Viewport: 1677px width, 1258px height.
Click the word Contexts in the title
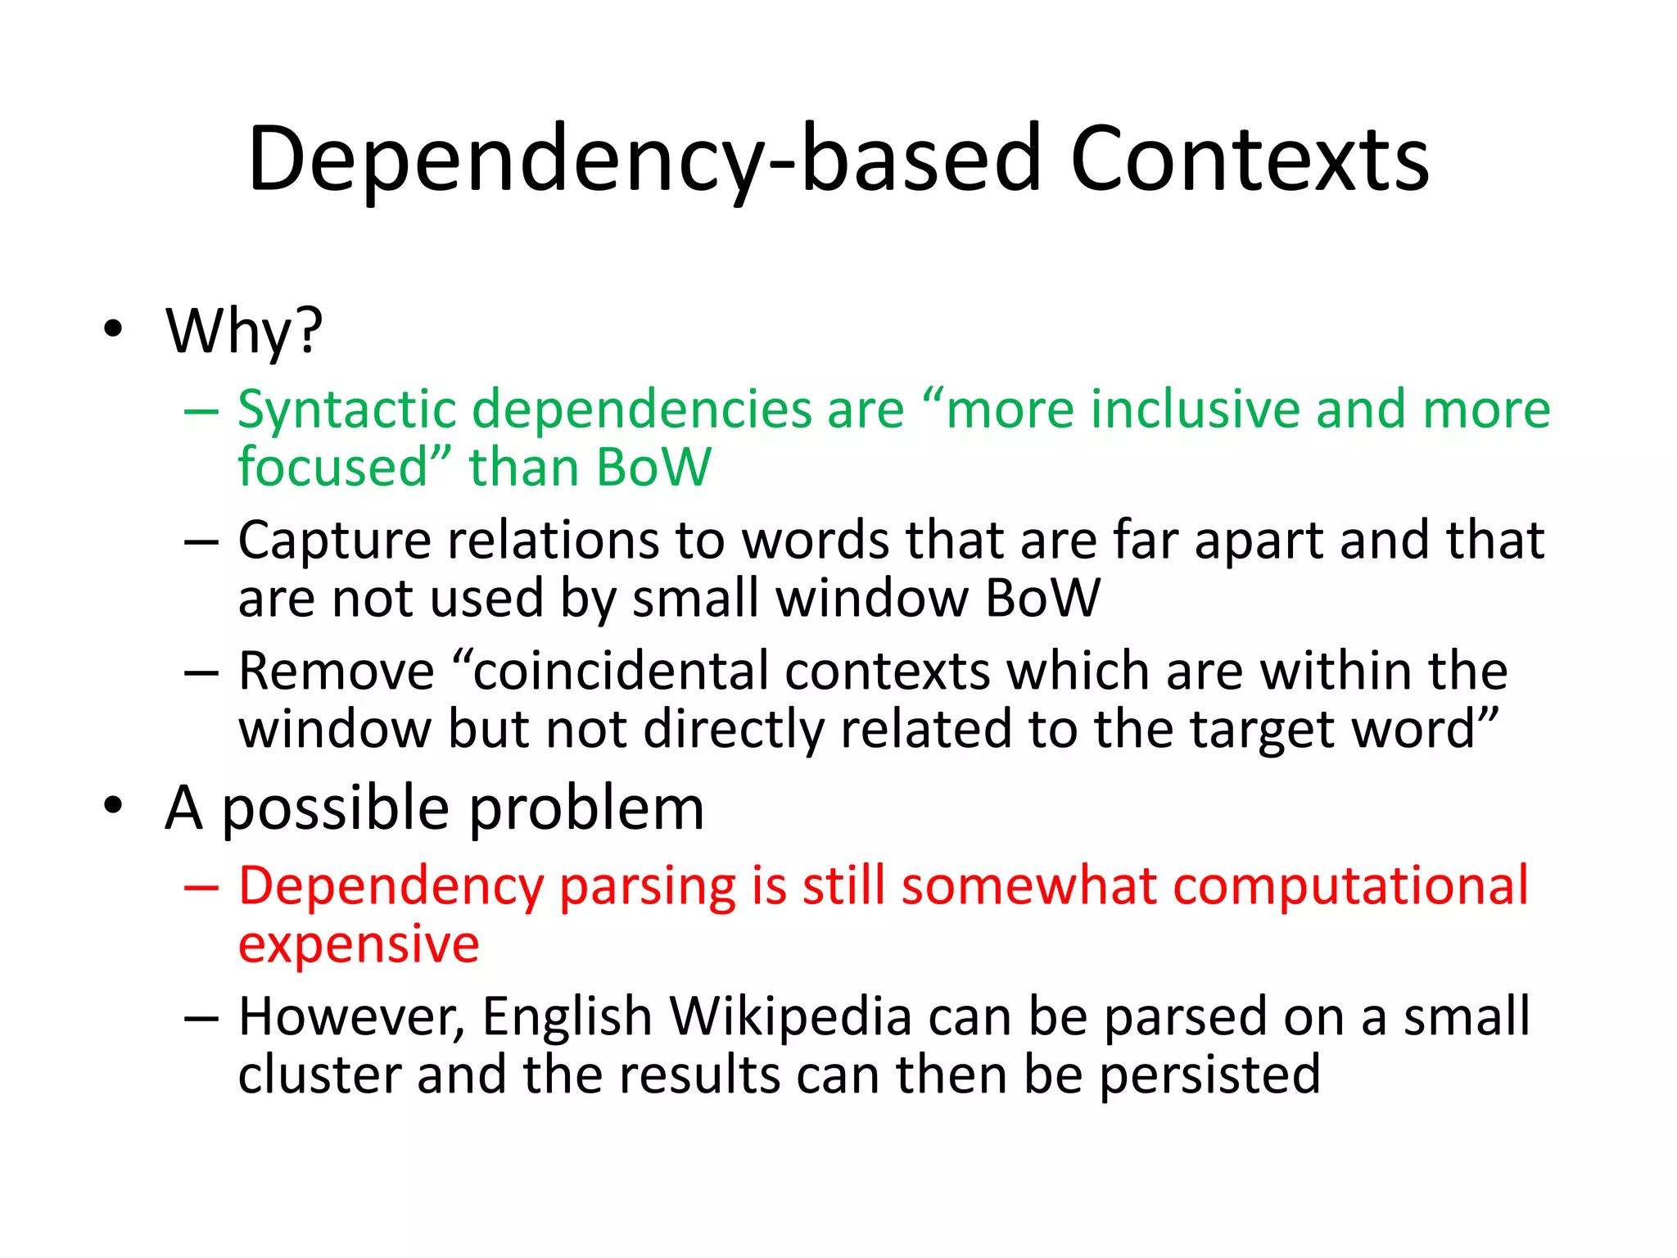pos(1250,159)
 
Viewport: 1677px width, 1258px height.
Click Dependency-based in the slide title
pos(644,159)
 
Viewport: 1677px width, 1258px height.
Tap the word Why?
pos(244,332)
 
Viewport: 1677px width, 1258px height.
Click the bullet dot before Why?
pos(113,329)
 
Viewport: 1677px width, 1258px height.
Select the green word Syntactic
pos(346,410)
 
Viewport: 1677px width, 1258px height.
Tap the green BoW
pos(653,467)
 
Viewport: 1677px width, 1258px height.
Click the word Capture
pos(334,541)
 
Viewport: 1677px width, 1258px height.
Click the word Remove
pos(336,672)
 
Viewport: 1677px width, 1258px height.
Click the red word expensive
pos(358,944)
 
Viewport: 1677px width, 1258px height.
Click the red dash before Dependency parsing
pos(201,887)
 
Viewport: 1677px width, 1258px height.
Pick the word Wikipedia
pos(790,1016)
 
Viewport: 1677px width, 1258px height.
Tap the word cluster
pos(319,1075)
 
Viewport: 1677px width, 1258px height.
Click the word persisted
pos(1209,1075)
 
